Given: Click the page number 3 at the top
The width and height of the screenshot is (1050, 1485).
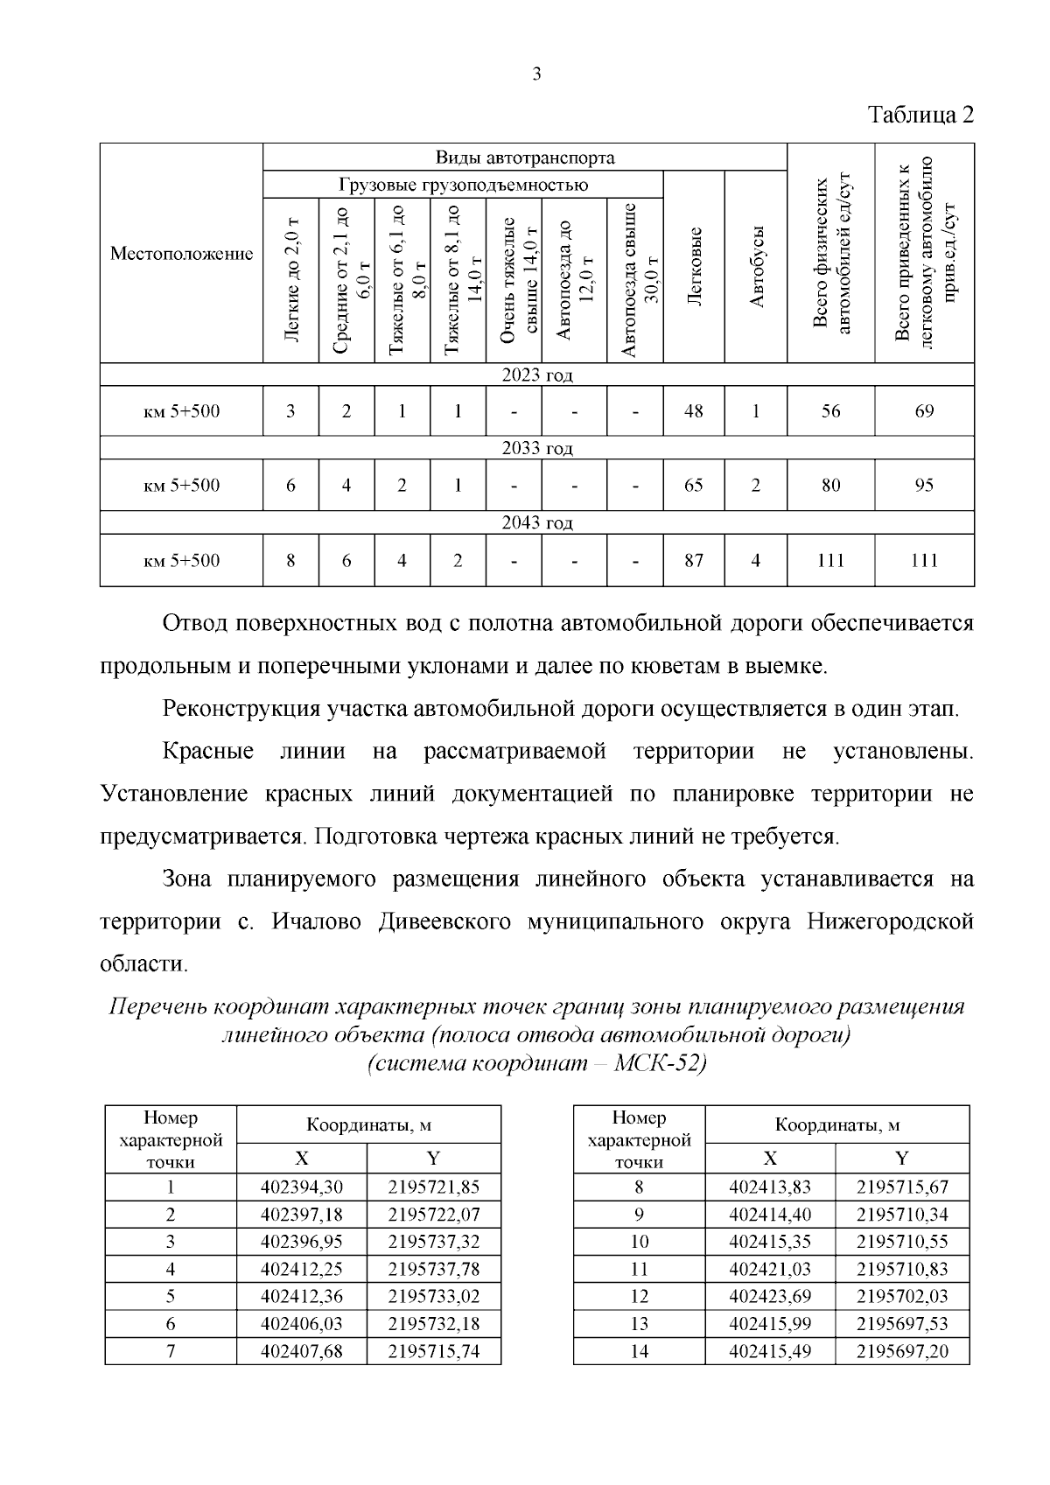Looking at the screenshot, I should click(x=536, y=74).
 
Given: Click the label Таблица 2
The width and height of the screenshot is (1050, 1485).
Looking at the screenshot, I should click(x=920, y=115).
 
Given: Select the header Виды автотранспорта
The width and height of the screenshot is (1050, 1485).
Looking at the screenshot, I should click(x=525, y=158).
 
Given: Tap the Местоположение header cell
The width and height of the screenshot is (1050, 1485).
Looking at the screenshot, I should click(x=181, y=254).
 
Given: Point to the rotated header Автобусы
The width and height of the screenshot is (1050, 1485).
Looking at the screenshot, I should click(x=757, y=266).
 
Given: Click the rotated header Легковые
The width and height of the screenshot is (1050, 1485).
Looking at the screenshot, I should click(x=695, y=266).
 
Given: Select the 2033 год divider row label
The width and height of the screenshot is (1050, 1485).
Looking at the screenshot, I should click(x=536, y=448).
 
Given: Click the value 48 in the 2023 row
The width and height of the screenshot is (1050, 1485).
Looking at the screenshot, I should click(x=694, y=410).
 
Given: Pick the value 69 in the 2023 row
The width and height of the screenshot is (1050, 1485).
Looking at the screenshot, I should click(x=924, y=410).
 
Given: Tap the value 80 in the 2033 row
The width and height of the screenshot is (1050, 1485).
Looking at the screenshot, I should click(x=830, y=485).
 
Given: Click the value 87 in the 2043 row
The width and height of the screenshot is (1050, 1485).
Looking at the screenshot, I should click(x=694, y=560).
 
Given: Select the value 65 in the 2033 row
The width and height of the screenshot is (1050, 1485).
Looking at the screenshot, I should click(x=694, y=485).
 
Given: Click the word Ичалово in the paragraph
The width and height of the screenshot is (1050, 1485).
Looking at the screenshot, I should click(x=318, y=921).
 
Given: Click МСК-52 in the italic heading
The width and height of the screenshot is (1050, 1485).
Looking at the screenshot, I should click(x=658, y=1064).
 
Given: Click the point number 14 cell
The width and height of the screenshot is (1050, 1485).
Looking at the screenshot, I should click(x=639, y=1351).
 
